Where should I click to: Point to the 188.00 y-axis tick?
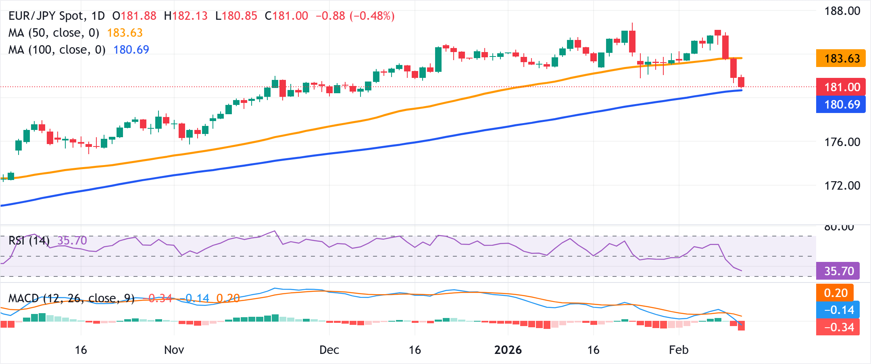[842, 11]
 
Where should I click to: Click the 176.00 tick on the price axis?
[842, 142]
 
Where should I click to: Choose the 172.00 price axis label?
[842, 186]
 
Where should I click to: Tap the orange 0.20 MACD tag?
[836, 293]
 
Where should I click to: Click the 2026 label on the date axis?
[508, 350]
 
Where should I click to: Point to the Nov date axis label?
[174, 350]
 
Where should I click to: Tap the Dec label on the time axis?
[329, 350]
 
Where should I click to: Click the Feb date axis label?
[678, 350]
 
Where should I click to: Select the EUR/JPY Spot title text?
[56, 16]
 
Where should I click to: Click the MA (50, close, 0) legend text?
[54, 33]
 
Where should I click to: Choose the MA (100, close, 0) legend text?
[57, 50]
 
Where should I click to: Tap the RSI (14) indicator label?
[29, 241]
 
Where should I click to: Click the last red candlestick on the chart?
[741, 82]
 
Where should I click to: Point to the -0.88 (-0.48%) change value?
[355, 16]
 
